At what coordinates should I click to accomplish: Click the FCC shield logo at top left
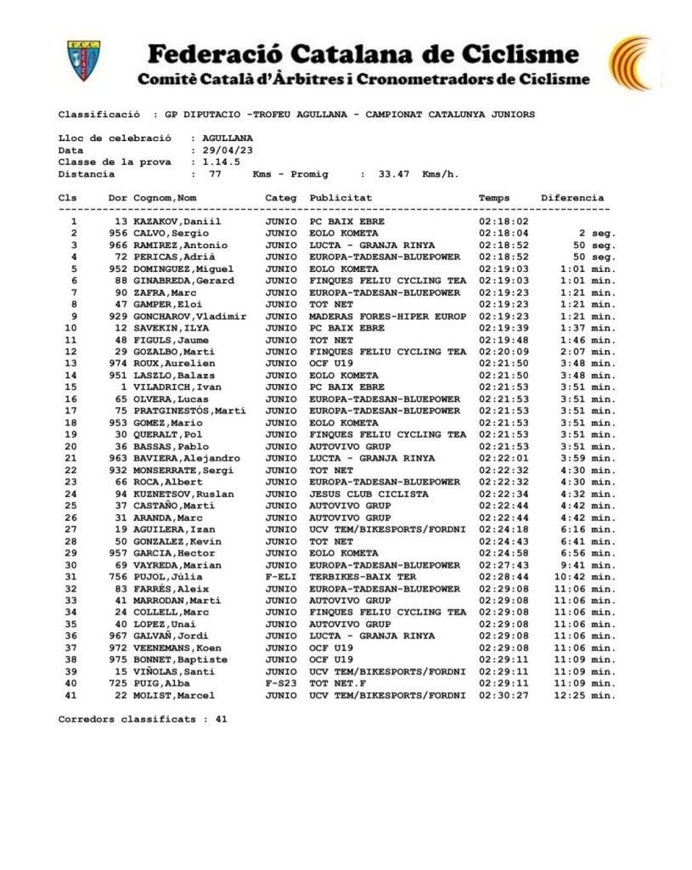tap(85, 61)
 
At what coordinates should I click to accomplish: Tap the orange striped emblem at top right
tap(632, 62)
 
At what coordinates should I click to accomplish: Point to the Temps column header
tap(494, 198)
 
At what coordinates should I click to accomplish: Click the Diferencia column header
tap(572, 198)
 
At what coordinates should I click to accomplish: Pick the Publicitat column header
tap(340, 198)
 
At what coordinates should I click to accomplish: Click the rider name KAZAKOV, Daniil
tap(177, 222)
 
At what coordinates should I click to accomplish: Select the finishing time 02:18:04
tap(504, 234)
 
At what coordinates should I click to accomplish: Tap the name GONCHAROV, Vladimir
tap(190, 316)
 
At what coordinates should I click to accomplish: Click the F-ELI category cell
tap(280, 577)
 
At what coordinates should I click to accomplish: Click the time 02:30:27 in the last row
tap(504, 696)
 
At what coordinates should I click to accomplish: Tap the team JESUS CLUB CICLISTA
tap(369, 494)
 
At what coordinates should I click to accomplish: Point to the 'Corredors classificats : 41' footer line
tap(143, 719)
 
